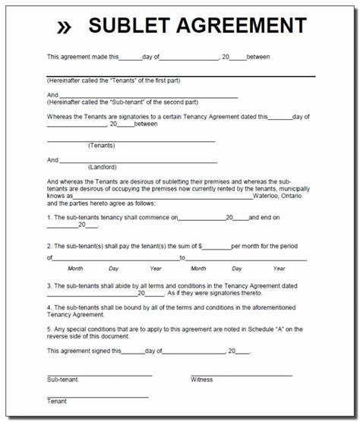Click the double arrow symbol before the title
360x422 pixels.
pos(65,27)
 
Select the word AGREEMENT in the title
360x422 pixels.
pos(242,26)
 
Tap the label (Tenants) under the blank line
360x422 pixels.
pos(101,144)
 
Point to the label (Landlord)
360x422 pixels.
pos(102,167)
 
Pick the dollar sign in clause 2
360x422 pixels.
pos(201,247)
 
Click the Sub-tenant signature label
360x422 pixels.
pos(63,379)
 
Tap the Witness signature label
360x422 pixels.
pos(202,379)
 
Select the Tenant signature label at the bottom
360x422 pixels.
pos(57,401)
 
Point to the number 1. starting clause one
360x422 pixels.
pos(49,218)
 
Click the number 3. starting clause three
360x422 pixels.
pos(49,286)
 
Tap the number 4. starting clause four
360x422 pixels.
pos(49,307)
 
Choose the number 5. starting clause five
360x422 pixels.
pos(49,329)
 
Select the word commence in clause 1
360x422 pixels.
pos(163,218)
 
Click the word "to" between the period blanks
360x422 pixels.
pos(182,258)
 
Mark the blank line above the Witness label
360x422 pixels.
pos(241,374)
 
